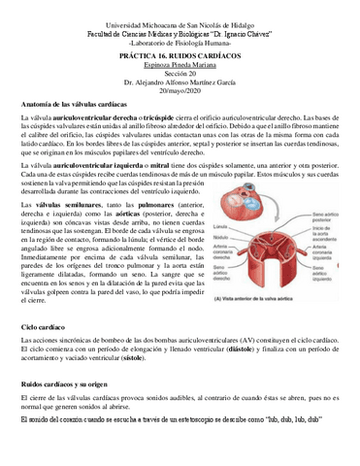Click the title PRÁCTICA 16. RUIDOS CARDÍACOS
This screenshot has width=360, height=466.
tap(181, 57)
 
